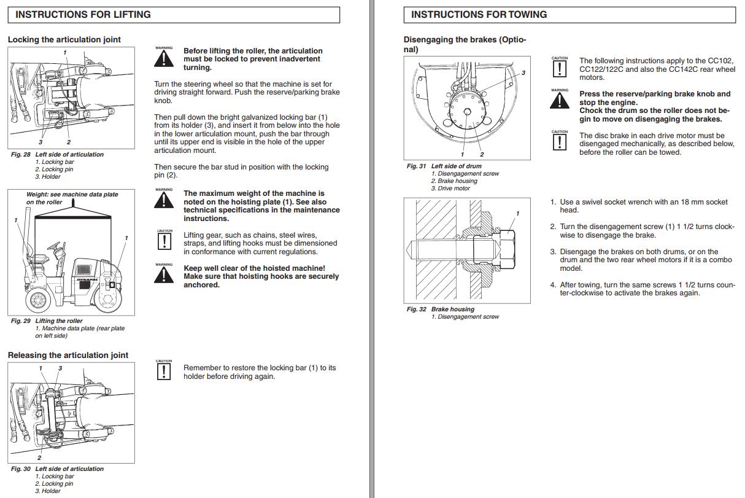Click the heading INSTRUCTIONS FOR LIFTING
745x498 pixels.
(83, 14)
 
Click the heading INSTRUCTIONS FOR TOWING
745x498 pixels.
(479, 14)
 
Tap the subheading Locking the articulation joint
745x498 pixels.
(64, 39)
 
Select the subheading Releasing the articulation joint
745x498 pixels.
(68, 355)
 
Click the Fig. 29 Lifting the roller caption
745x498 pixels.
(47, 321)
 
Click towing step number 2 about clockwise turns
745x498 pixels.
(553, 227)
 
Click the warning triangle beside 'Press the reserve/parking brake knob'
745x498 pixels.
(559, 100)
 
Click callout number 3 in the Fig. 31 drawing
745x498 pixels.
(523, 72)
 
